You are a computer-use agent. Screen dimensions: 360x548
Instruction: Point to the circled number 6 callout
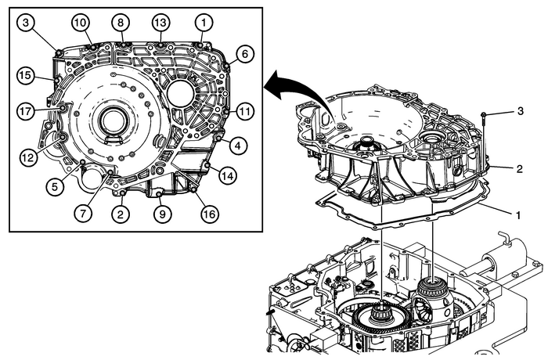tap(243, 54)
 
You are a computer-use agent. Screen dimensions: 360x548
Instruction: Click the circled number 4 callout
tap(236, 145)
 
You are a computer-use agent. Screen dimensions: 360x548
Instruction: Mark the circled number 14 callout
tap(227, 177)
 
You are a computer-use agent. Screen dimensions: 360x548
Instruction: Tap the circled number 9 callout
tap(161, 213)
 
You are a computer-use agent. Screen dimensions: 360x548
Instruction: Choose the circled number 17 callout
tap(26, 112)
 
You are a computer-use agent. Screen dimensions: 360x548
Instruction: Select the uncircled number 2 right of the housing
tap(518, 167)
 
